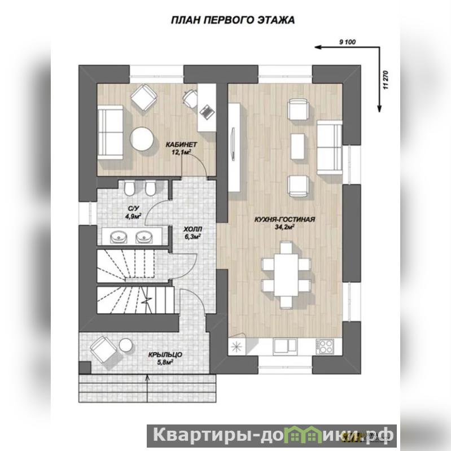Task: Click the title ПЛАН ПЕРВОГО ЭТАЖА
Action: [x=233, y=20]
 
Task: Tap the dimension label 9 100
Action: [x=348, y=42]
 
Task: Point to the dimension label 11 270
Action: [x=386, y=80]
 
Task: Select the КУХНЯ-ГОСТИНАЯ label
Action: [x=284, y=220]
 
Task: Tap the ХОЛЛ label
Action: [x=192, y=230]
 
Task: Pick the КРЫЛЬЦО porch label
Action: [x=165, y=354]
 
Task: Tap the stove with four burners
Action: [x=325, y=347]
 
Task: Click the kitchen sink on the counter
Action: [x=285, y=345]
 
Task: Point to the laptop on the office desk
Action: [x=206, y=111]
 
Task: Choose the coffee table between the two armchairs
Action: [x=297, y=146]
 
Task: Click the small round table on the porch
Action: [x=126, y=345]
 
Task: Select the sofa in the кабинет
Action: [x=110, y=132]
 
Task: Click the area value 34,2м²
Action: [x=284, y=227]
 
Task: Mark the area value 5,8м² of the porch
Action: [x=165, y=362]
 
